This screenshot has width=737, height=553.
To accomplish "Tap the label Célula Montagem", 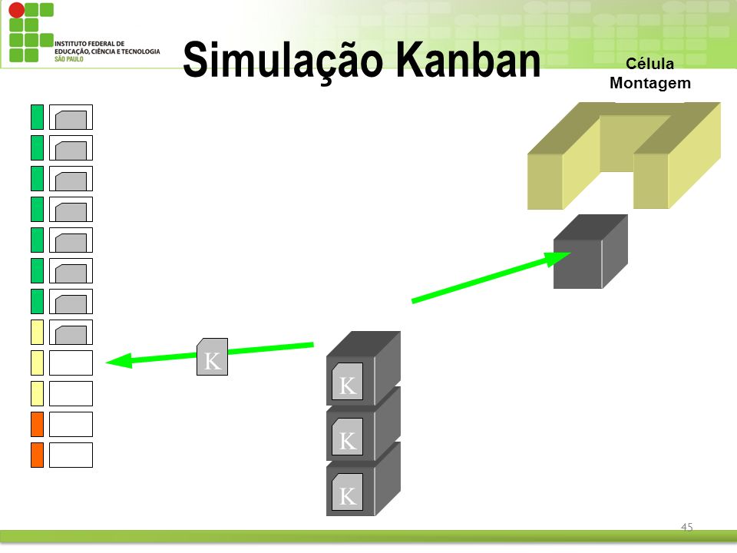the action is coord(650,74).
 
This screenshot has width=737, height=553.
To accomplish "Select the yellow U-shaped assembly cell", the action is coord(623,156).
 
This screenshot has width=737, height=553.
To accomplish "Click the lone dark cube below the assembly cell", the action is coord(590,252).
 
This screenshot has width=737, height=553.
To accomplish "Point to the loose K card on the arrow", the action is coord(212,356).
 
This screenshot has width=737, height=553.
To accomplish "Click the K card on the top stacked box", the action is coord(347,382).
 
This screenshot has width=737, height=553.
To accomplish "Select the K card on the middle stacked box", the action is coord(347,437).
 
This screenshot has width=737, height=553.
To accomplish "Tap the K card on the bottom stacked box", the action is coord(347,492).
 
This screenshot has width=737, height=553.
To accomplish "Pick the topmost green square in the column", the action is coord(37,117).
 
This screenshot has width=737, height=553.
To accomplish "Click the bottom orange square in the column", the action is coord(37,455).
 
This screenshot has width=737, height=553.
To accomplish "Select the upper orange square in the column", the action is coord(37,424).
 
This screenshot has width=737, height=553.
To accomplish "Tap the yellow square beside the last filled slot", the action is coord(37,332).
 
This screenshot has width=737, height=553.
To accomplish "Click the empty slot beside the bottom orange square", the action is coord(71,455).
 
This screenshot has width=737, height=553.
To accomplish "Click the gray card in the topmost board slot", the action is coord(71,120).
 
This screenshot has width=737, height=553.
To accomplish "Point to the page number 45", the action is coord(686,527).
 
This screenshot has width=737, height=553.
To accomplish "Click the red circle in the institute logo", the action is coord(17,10).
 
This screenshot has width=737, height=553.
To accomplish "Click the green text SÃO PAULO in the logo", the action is coord(68,59).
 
